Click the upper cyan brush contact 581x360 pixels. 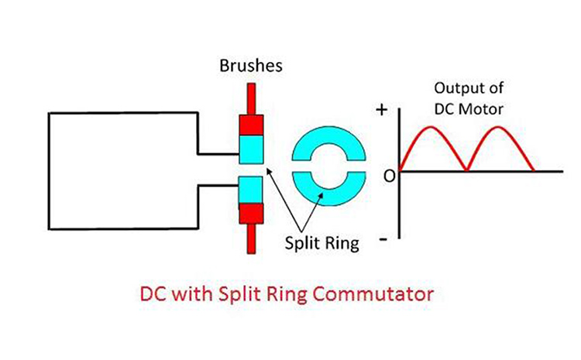[x=253, y=148]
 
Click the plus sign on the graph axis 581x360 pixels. [x=381, y=111]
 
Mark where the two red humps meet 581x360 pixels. [x=466, y=170]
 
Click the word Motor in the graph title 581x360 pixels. [x=484, y=109]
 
